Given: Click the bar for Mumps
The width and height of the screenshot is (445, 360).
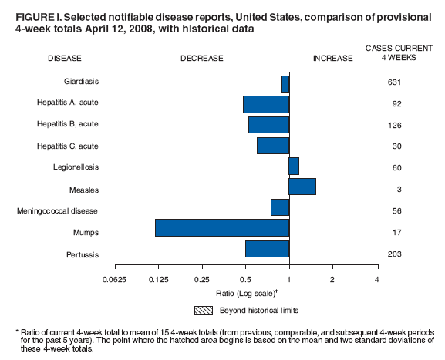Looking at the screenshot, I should click(x=222, y=228).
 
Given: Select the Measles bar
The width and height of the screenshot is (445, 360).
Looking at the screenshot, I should click(x=302, y=186).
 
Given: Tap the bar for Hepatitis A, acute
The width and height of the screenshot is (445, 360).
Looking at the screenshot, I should click(x=266, y=104).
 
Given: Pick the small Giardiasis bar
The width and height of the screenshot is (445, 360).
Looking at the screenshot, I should click(x=285, y=83).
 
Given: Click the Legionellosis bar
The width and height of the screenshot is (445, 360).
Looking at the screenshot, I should click(x=294, y=166).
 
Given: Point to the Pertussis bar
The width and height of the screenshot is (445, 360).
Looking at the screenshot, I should click(x=267, y=249).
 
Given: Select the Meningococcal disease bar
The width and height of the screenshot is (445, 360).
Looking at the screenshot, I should click(x=280, y=207).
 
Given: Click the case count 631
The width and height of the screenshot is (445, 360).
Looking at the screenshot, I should click(x=395, y=82).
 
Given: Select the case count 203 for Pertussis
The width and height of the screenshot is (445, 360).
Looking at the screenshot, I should click(x=395, y=254).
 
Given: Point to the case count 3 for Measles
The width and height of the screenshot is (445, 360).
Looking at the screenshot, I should click(x=395, y=189).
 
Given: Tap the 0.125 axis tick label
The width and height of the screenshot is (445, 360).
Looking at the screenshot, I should click(x=159, y=279).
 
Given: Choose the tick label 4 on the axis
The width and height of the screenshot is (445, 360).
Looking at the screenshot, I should click(x=377, y=279).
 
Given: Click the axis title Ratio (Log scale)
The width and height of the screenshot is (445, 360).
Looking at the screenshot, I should click(x=246, y=293).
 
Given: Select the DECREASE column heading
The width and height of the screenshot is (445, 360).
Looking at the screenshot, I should click(x=201, y=59).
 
